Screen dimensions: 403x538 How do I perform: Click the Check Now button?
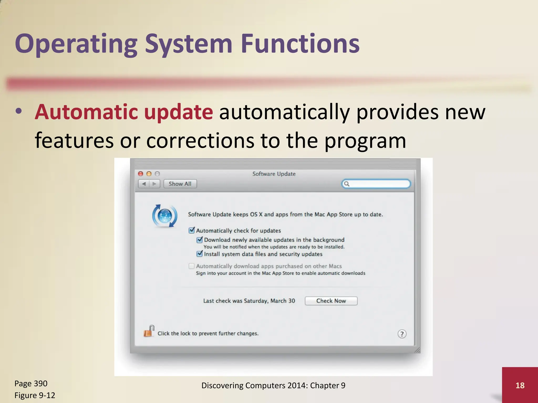331,301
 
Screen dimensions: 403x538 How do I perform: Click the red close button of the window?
141,174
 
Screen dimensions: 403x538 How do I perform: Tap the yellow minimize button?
149,174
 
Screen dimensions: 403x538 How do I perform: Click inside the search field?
378,184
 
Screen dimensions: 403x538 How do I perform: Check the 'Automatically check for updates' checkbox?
192,230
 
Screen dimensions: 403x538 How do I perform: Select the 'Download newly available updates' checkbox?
200,240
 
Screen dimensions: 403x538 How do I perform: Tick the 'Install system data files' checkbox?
200,254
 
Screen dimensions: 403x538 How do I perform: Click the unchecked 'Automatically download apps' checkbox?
192,266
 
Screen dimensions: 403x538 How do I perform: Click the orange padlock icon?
149,331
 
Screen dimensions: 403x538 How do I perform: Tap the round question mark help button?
402,334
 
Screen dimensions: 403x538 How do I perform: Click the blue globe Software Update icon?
165,216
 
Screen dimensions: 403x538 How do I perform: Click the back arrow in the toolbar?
144,184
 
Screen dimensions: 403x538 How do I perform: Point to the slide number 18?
520,385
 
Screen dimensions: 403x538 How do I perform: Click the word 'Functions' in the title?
300,44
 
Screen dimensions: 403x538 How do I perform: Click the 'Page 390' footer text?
31,383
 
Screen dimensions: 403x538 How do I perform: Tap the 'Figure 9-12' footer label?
35,395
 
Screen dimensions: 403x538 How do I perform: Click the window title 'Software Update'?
274,174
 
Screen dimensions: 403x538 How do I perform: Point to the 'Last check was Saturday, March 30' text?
249,301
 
